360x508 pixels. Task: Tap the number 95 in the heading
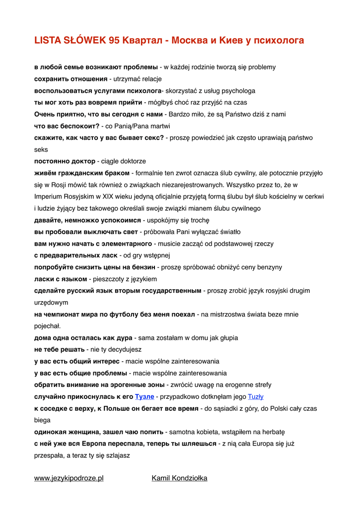[113, 41]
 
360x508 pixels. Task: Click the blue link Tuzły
[255, 396]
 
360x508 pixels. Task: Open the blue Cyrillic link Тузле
[144, 396]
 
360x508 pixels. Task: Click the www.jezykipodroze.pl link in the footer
[69, 478]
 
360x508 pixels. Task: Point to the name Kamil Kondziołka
[179, 478]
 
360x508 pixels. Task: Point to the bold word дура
[124, 338]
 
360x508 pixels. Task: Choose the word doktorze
[132, 161]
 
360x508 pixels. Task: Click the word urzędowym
[51, 302]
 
